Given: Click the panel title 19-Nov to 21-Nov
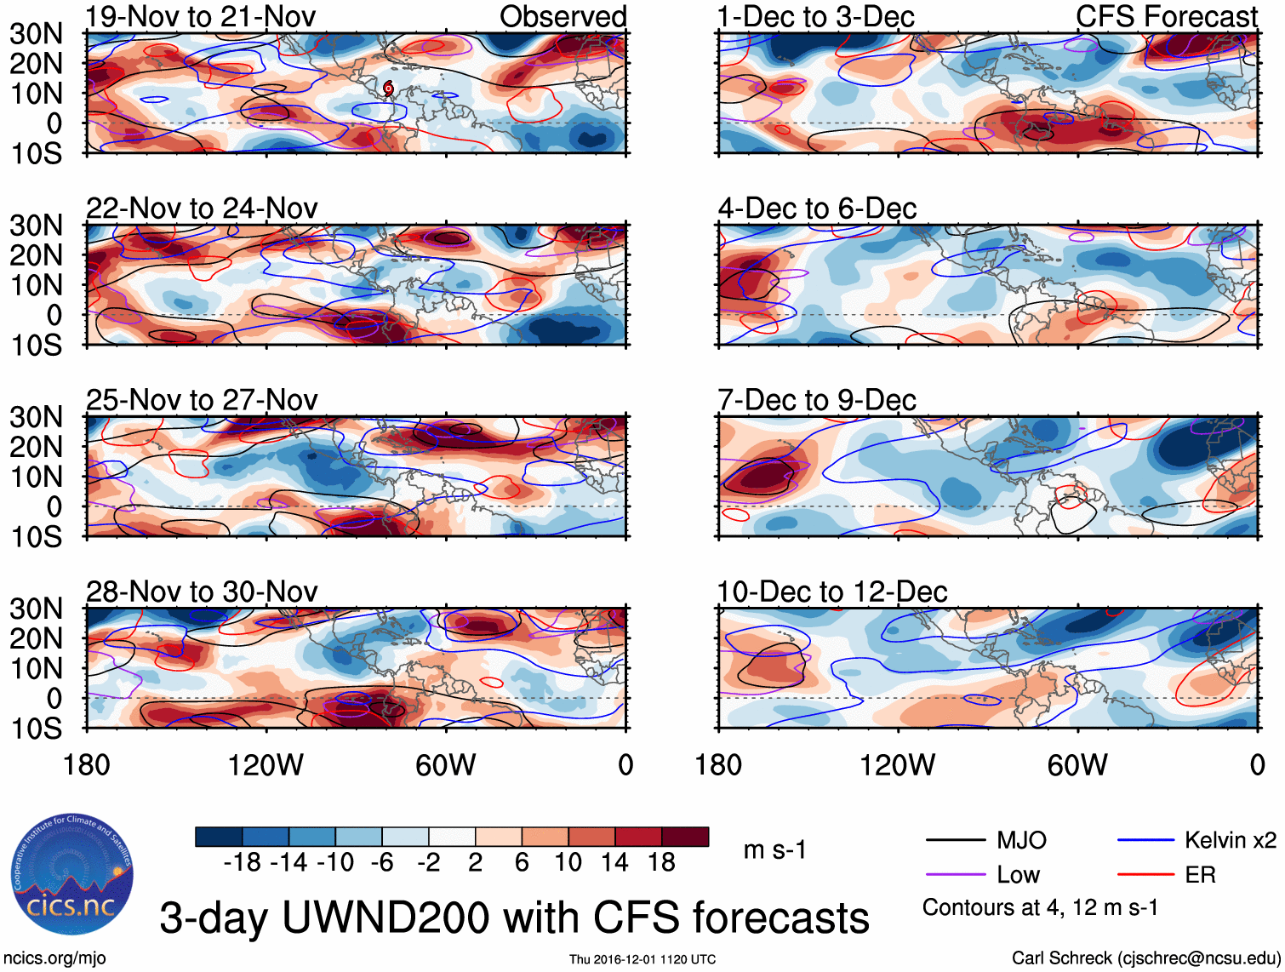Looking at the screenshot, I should tap(201, 16).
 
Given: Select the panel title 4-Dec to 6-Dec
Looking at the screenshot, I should tap(817, 209).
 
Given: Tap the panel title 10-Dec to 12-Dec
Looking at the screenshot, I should tap(832, 592).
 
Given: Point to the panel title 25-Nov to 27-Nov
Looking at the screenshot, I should tap(202, 400).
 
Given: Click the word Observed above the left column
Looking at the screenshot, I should tap(563, 16).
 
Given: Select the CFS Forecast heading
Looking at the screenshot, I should tap(1167, 16).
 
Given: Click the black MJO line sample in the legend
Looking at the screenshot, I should tap(955, 841).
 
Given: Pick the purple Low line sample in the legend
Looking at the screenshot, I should tap(955, 875).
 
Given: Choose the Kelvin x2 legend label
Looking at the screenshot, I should tap(1231, 841).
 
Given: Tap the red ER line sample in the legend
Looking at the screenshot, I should tap(1145, 875).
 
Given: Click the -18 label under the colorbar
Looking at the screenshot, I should tap(243, 863).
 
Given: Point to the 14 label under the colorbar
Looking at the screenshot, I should tap(614, 863).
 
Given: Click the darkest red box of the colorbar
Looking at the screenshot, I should tap(685, 837).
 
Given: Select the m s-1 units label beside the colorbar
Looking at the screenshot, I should tap(774, 849).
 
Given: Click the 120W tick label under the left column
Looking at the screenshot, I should tap(266, 765).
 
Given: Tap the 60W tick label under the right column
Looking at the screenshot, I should tap(1077, 765).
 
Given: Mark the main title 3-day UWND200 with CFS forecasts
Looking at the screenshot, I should tap(514, 918).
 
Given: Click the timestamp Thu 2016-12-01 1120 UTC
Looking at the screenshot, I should tap(642, 959).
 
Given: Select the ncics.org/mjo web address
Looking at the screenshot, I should tap(54, 958).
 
